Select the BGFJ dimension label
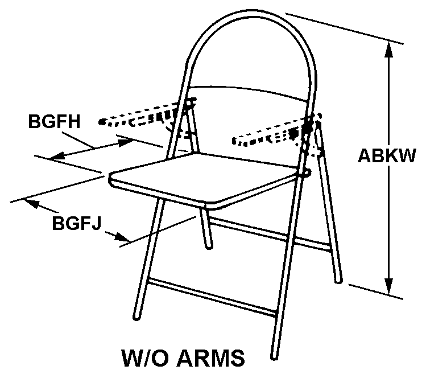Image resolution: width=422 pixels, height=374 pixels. click(77, 224)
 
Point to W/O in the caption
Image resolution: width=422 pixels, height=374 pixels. click(143, 359)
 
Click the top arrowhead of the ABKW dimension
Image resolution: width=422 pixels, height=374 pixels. click(389, 48)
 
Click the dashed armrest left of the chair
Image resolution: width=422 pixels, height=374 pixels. click(142, 118)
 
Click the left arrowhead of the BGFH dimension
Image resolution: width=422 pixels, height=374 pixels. click(51, 157)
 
